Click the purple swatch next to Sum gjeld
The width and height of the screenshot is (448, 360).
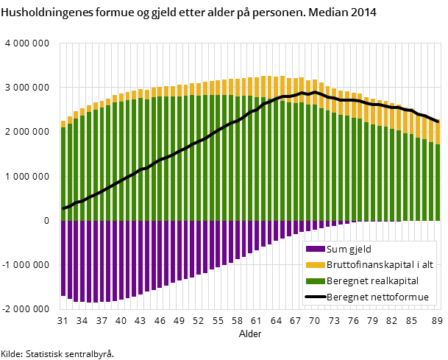click(x=315, y=249)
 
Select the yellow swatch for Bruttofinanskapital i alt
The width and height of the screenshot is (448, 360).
click(x=315, y=265)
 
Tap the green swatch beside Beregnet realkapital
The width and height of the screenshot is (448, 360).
click(x=315, y=281)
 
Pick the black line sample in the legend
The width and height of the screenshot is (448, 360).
click(x=315, y=297)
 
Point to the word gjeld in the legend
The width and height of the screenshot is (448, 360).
click(x=360, y=250)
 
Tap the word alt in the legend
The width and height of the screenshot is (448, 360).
click(x=427, y=265)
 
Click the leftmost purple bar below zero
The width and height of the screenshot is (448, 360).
click(x=64, y=258)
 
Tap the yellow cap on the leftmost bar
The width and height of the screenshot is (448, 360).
click(x=64, y=124)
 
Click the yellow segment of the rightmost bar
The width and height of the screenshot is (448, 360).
click(x=438, y=133)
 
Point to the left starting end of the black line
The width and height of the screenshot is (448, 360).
click(x=64, y=208)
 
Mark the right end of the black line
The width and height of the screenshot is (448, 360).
click(x=438, y=121)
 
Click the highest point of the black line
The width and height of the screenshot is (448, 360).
click(x=315, y=92)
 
